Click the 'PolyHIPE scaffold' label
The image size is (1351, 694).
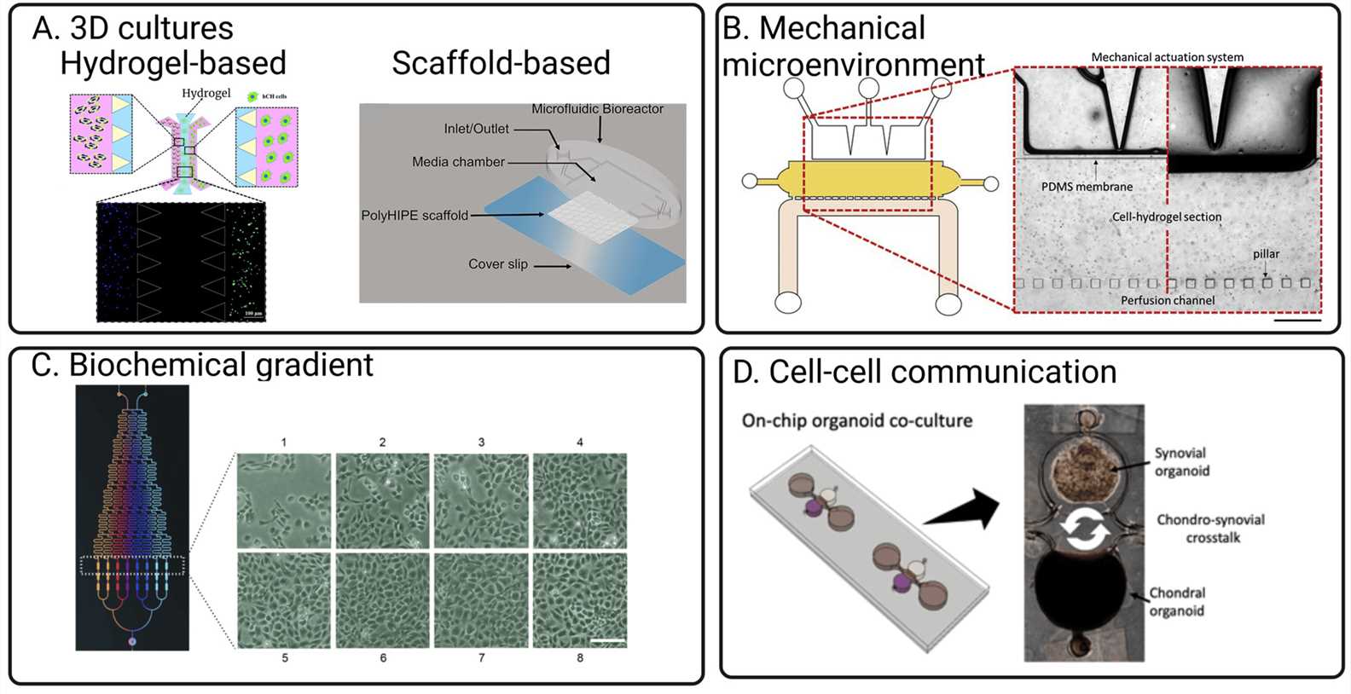(415, 216)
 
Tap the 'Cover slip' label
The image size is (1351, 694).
(498, 264)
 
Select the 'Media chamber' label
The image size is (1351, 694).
(458, 162)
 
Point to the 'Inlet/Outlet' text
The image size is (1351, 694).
(476, 129)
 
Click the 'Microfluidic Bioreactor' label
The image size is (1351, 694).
(597, 109)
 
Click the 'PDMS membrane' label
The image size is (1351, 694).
(1087, 187)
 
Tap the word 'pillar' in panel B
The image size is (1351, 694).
(1266, 254)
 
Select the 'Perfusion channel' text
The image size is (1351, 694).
(1168, 301)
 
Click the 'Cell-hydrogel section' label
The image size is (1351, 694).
(1166, 217)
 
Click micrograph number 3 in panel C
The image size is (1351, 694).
(482, 500)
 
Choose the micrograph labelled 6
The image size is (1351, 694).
(383, 600)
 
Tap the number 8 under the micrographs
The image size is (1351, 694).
(580, 658)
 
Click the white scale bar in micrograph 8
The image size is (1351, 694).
(608, 640)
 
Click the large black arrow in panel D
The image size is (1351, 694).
(962, 509)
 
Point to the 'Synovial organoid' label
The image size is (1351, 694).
(1181, 462)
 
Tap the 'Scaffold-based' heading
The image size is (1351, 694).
(501, 64)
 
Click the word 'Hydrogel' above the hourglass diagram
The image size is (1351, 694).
(206, 93)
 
